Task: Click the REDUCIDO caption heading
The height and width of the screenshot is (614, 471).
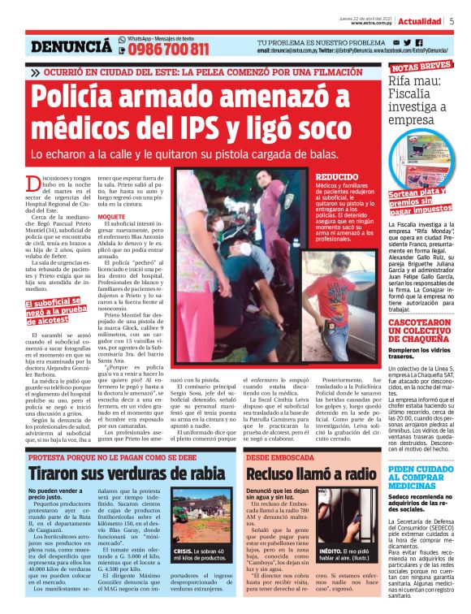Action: [335, 176]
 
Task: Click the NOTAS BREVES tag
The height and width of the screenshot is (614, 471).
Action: [421, 67]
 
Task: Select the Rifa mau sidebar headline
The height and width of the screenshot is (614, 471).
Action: [419, 101]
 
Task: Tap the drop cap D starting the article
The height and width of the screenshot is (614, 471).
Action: [34, 183]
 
